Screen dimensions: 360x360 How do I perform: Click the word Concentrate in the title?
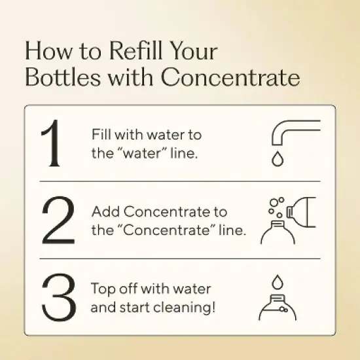230,78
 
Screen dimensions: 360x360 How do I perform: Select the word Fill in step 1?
102,135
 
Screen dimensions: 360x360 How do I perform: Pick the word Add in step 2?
106,212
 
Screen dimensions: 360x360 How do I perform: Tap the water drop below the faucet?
278,159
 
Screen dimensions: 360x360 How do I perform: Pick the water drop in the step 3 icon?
278,279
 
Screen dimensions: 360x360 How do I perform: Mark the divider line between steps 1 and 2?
180,181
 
